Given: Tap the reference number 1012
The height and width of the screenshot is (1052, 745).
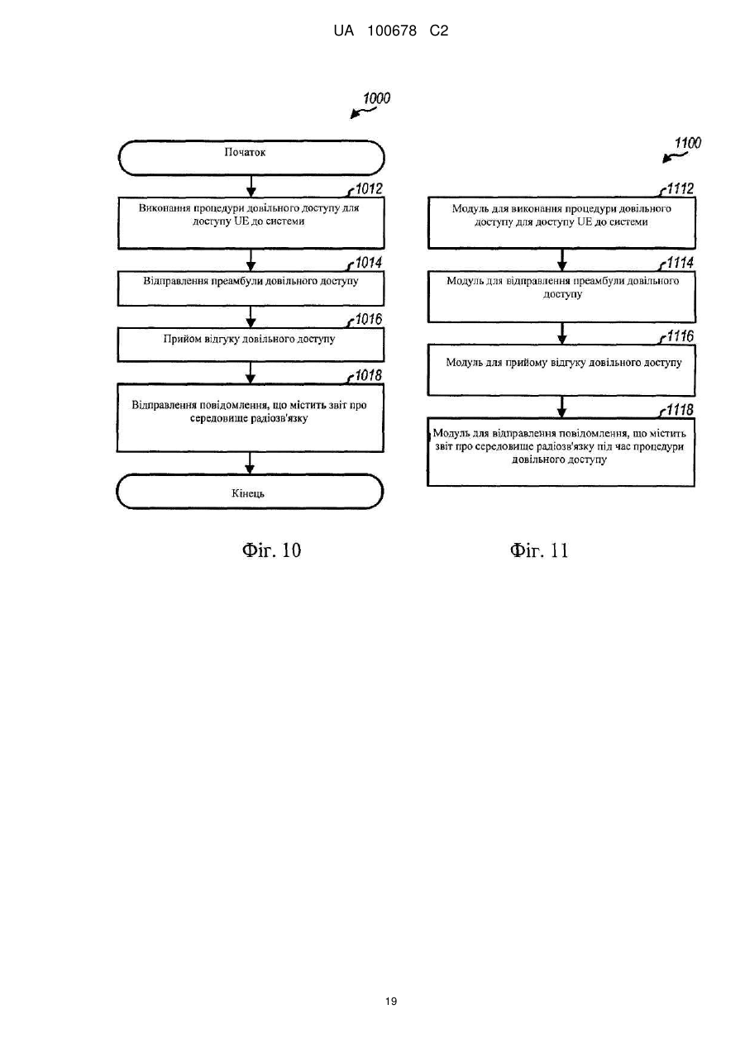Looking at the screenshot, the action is click(x=369, y=188).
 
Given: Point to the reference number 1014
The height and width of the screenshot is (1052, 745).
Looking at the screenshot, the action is click(x=369, y=263).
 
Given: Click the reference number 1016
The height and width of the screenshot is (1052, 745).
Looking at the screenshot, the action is click(x=369, y=319).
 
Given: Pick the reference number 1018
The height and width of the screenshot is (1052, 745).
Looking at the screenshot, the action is click(x=369, y=375).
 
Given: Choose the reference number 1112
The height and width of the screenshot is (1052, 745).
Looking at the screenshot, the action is click(x=681, y=188).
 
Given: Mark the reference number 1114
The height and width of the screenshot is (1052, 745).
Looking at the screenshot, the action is click(x=681, y=263).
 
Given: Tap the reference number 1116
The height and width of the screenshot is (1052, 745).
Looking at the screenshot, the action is click(x=681, y=336).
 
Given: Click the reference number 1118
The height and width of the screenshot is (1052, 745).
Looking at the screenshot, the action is click(x=681, y=410).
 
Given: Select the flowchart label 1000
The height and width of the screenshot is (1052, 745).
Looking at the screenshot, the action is click(x=376, y=98).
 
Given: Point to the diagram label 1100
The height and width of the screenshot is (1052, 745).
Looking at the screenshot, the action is click(x=688, y=143).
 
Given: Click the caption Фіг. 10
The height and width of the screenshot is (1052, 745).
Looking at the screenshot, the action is click(x=272, y=550).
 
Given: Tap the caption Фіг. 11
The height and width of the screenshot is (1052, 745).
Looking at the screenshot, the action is click(x=539, y=550).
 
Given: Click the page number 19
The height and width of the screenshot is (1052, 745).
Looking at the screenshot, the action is click(x=391, y=1002).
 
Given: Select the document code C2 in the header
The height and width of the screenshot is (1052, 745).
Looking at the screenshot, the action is click(x=439, y=31).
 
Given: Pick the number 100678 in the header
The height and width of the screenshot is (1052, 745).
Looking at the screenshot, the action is click(x=392, y=31).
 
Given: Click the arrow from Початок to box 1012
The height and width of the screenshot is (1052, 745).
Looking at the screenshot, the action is click(x=251, y=186).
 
